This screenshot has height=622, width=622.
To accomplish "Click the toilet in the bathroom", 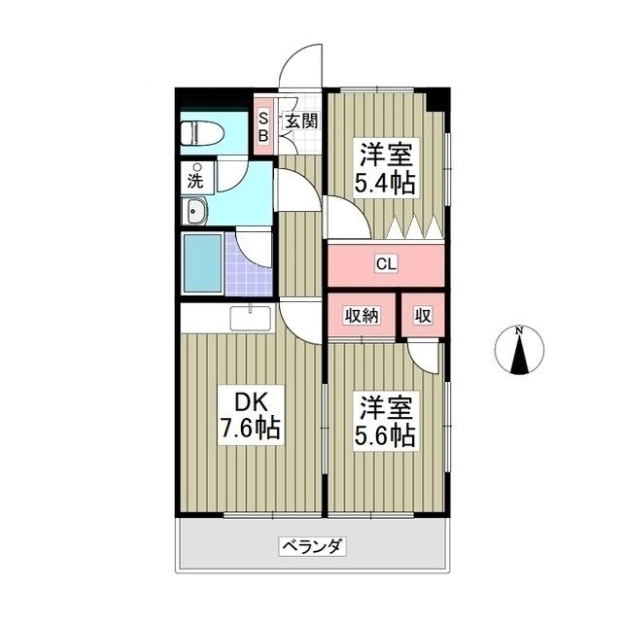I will [x=202, y=131].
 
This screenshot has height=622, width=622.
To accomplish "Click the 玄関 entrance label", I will [x=300, y=121].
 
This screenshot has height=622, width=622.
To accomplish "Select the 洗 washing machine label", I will [x=195, y=179].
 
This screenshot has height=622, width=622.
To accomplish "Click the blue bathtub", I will [x=202, y=261].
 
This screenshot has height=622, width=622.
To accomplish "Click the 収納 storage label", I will [x=362, y=314].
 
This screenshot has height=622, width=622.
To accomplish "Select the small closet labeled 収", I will [x=423, y=314].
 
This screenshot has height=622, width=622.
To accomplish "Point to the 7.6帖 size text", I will [x=249, y=429].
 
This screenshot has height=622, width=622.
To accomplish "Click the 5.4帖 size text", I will [x=386, y=182].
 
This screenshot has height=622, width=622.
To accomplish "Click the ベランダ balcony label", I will [x=312, y=546].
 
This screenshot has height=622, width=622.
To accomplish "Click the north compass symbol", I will [x=520, y=352].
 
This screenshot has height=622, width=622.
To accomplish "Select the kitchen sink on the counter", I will [x=251, y=317].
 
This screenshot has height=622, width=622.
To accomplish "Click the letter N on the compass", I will [x=520, y=330].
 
